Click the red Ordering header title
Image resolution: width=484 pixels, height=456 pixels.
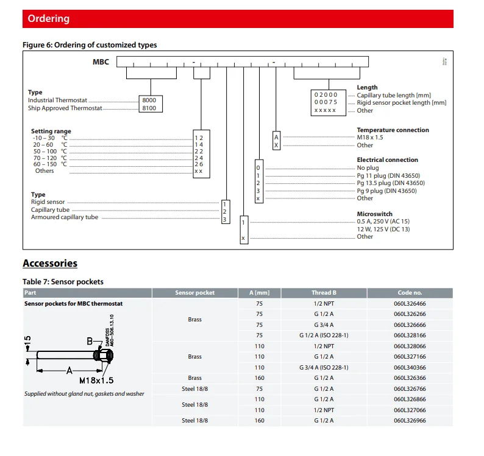point(49,19)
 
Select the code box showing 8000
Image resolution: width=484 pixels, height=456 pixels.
point(149,100)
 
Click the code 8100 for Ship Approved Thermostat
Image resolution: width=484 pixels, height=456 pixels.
point(149,108)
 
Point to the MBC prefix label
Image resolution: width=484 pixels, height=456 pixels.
point(101,62)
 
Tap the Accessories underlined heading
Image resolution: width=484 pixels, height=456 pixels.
point(50,263)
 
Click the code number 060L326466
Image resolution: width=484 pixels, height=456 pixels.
point(410,303)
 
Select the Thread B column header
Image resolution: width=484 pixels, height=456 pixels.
point(324,293)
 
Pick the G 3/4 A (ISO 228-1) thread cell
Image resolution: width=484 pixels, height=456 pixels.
point(324,367)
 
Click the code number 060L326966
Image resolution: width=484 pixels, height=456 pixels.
point(410,421)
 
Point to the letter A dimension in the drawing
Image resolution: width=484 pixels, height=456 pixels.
point(69,370)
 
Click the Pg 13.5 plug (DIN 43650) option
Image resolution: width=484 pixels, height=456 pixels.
point(391,183)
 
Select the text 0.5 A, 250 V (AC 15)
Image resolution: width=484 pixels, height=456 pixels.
point(383,222)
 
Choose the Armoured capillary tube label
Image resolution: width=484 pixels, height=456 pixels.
point(65,217)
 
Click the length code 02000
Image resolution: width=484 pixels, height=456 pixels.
point(326,95)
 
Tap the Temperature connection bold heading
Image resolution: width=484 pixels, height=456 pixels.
point(393,130)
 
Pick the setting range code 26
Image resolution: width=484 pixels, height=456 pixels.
point(199,164)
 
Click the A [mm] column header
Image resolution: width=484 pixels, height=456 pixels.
point(260,293)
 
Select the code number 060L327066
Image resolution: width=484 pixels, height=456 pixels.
point(410,410)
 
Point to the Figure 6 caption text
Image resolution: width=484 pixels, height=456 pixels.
point(90,45)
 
